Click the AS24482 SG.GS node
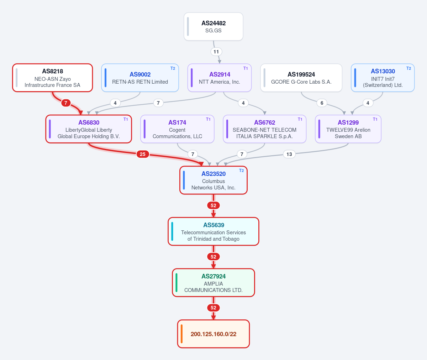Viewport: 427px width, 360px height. point(213,27)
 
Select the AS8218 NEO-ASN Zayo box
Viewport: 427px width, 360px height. point(53,78)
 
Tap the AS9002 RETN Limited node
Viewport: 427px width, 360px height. point(140,78)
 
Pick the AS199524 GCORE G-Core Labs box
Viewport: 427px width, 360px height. point(301,78)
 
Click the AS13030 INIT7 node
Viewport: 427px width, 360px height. point(383,78)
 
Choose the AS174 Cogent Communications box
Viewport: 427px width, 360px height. point(177,129)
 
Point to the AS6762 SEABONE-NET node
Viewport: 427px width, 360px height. point(265,129)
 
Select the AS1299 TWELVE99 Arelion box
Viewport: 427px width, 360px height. point(348,129)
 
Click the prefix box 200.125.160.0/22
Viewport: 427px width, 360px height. point(213,334)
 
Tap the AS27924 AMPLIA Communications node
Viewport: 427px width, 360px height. point(213,283)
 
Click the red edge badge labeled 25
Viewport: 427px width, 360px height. point(143,154)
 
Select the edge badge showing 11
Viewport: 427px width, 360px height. point(216,52)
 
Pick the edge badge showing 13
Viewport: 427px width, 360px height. point(289,154)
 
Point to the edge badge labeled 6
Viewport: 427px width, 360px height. point(322,103)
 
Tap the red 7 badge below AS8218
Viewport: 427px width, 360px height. point(65,103)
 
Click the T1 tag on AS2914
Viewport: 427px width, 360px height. point(246,68)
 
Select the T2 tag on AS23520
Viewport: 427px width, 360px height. point(242,171)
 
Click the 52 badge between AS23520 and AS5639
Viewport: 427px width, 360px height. point(213,205)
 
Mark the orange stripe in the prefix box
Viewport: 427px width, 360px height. point(181,334)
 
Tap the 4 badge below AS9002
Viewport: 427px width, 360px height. point(115,103)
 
